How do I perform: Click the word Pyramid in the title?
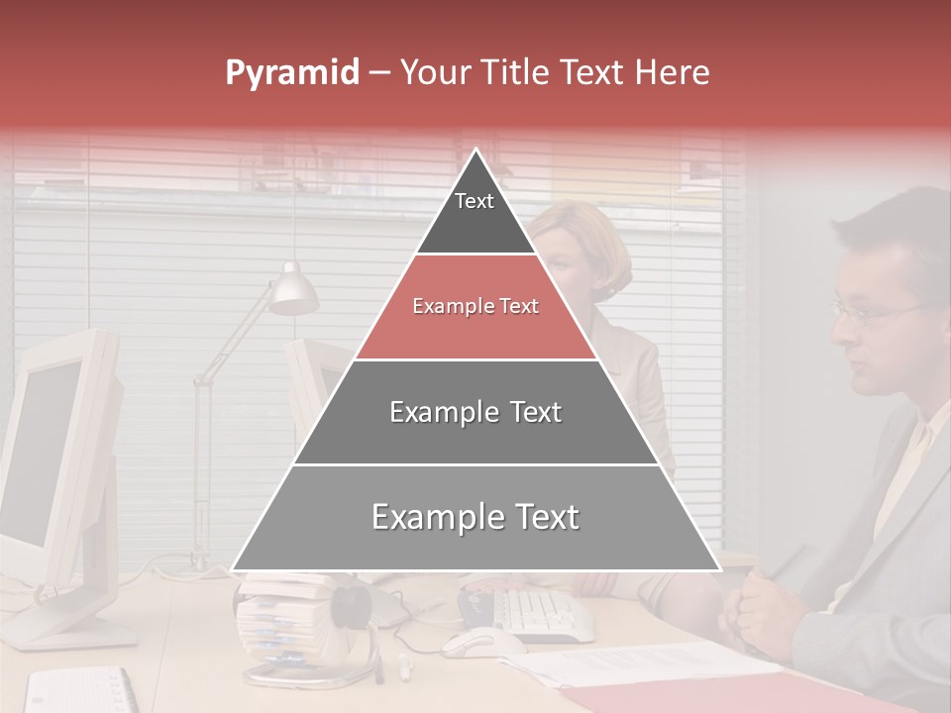coord(291,73)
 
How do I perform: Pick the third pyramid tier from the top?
coord(475,412)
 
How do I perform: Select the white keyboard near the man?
coord(540,614)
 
